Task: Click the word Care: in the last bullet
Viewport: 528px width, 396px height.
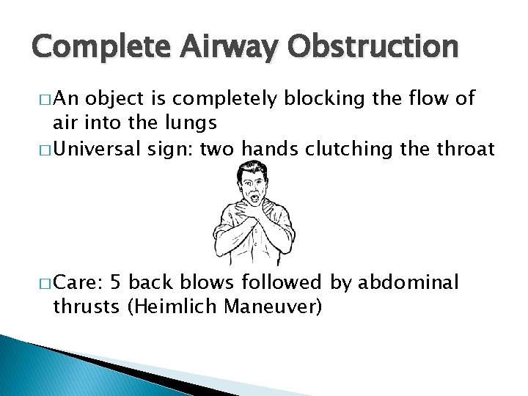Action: click(x=78, y=282)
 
